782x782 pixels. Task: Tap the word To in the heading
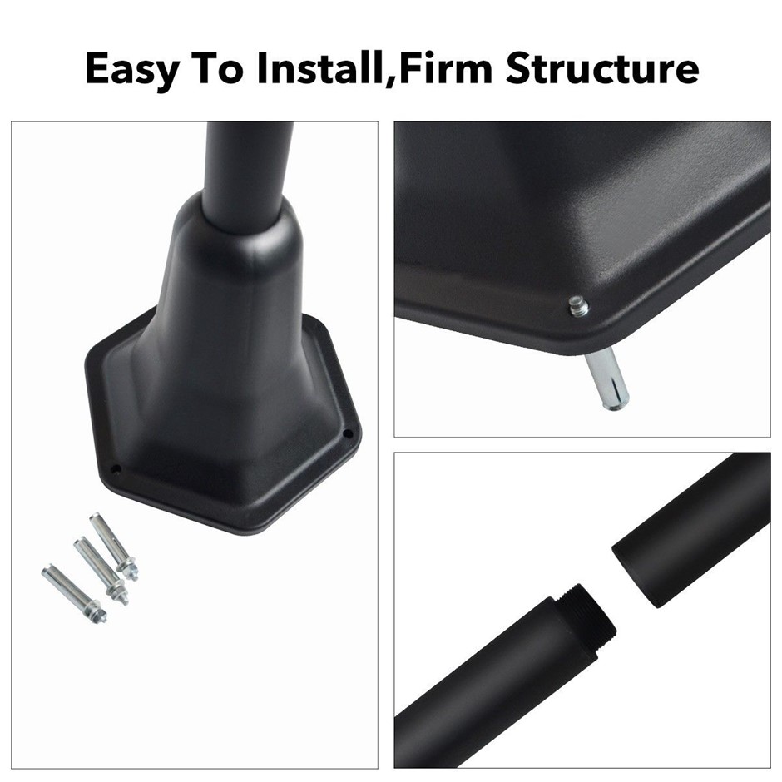(217, 68)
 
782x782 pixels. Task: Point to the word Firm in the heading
(445, 67)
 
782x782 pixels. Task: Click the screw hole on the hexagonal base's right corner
(349, 434)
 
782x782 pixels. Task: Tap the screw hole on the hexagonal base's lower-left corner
(116, 469)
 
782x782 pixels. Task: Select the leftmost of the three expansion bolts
(74, 593)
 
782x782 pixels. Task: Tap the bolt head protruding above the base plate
(578, 305)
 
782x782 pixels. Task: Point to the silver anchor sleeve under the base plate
(606, 379)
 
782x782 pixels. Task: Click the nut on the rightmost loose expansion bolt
(126, 567)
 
